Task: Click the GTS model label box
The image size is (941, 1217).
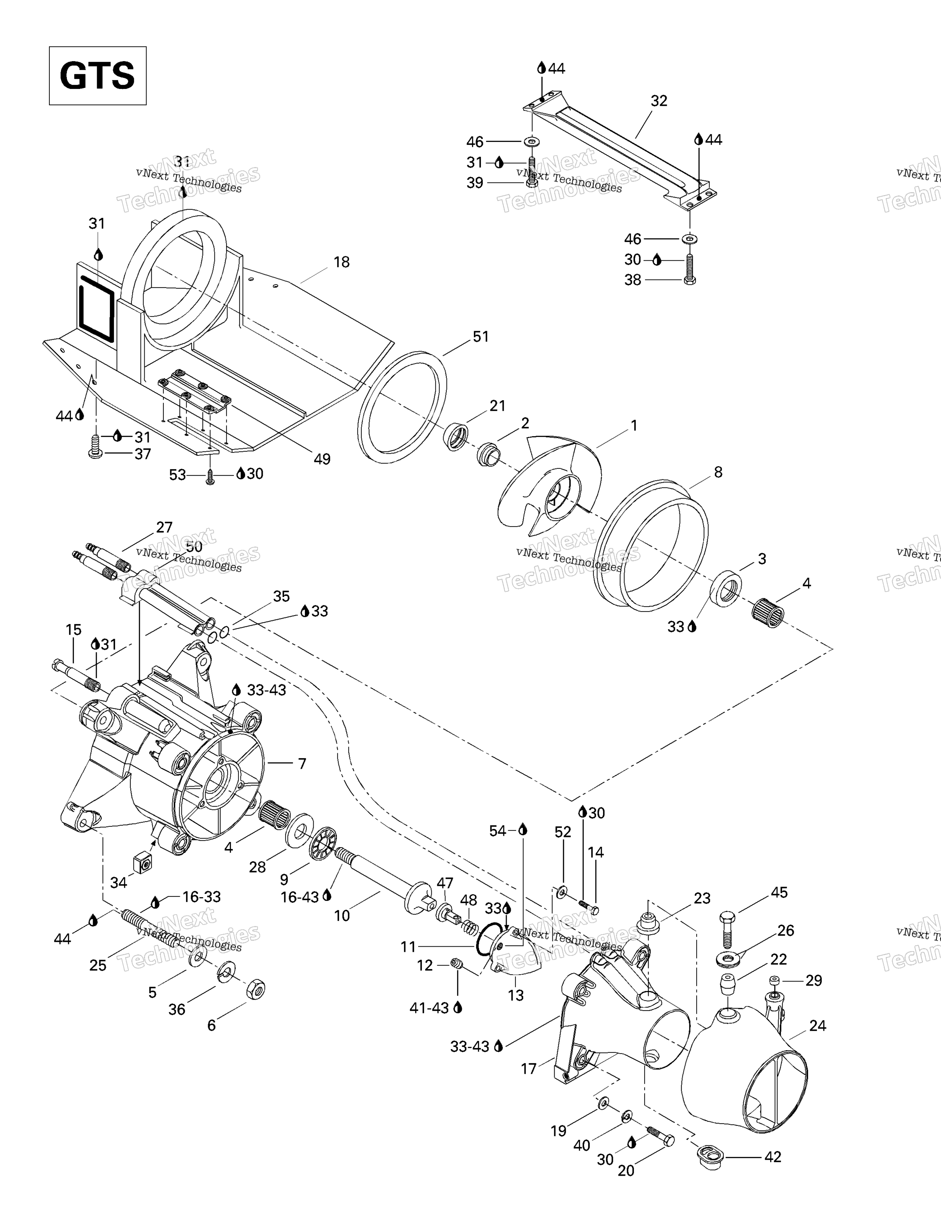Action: (97, 76)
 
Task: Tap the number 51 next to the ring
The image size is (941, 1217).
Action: (480, 337)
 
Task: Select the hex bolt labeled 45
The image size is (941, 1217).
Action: (728, 929)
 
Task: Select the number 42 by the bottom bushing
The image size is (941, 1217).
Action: (773, 1157)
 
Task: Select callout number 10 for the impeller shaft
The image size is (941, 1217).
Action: (342, 916)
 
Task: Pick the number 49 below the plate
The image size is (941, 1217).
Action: (322, 459)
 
